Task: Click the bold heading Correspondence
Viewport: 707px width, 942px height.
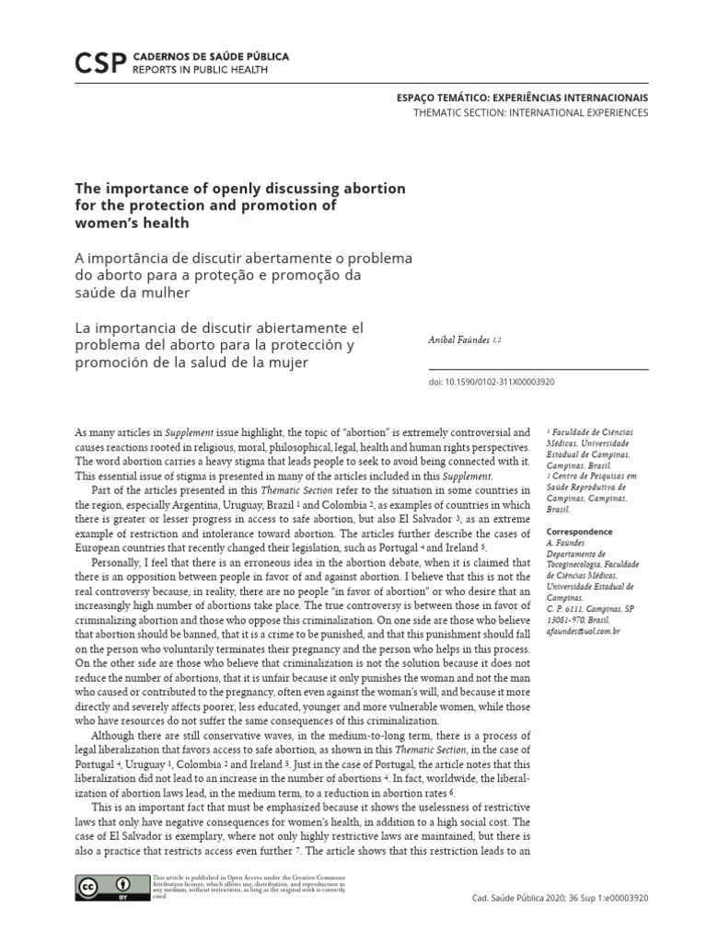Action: click(x=579, y=532)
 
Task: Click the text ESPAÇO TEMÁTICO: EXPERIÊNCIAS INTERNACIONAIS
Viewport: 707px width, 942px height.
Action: click(x=522, y=98)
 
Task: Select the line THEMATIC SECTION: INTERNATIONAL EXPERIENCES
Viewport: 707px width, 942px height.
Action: click(x=530, y=112)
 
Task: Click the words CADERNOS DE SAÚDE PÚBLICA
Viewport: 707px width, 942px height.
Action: click(x=211, y=56)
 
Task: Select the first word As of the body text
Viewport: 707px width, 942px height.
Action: click(x=80, y=431)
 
